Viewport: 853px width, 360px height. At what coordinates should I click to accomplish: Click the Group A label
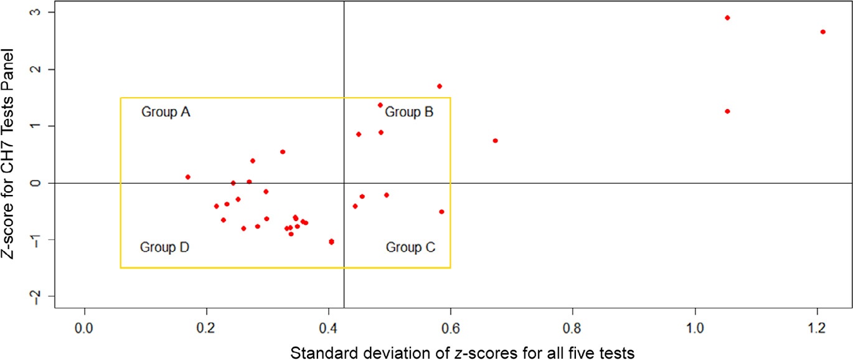[x=166, y=113]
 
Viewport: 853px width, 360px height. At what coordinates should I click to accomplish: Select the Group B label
[x=409, y=113]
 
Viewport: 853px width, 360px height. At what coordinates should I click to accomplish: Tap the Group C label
[x=410, y=247]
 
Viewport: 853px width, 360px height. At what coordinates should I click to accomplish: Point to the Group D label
[x=164, y=247]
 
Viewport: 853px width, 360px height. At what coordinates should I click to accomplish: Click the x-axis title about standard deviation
[x=462, y=353]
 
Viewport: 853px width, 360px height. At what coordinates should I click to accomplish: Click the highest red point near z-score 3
[x=727, y=17]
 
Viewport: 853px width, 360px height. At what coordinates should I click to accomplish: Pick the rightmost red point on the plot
[x=822, y=32]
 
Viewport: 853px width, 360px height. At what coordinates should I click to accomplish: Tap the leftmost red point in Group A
[x=188, y=177]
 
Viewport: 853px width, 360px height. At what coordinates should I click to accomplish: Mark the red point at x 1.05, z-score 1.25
[x=727, y=111]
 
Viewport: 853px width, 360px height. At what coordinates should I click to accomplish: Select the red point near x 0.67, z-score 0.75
[x=495, y=141]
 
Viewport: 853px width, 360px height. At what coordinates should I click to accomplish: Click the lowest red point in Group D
[x=331, y=242]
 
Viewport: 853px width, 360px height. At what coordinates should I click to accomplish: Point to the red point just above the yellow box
[x=440, y=86]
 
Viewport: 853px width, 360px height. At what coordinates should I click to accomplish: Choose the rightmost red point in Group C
[x=441, y=212]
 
